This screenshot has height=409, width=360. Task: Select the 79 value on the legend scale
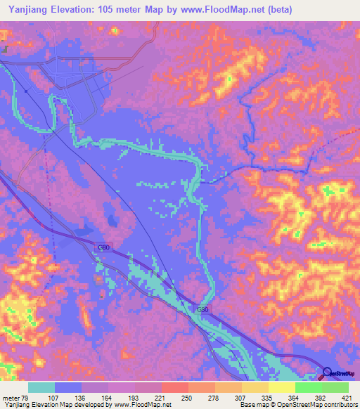pos(27,397)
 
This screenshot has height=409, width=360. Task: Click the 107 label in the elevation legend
pos(53,397)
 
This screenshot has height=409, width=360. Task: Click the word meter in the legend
pos(11,397)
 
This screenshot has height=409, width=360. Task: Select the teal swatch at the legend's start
pos(41,387)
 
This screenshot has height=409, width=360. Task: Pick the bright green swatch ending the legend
pos(335,387)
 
